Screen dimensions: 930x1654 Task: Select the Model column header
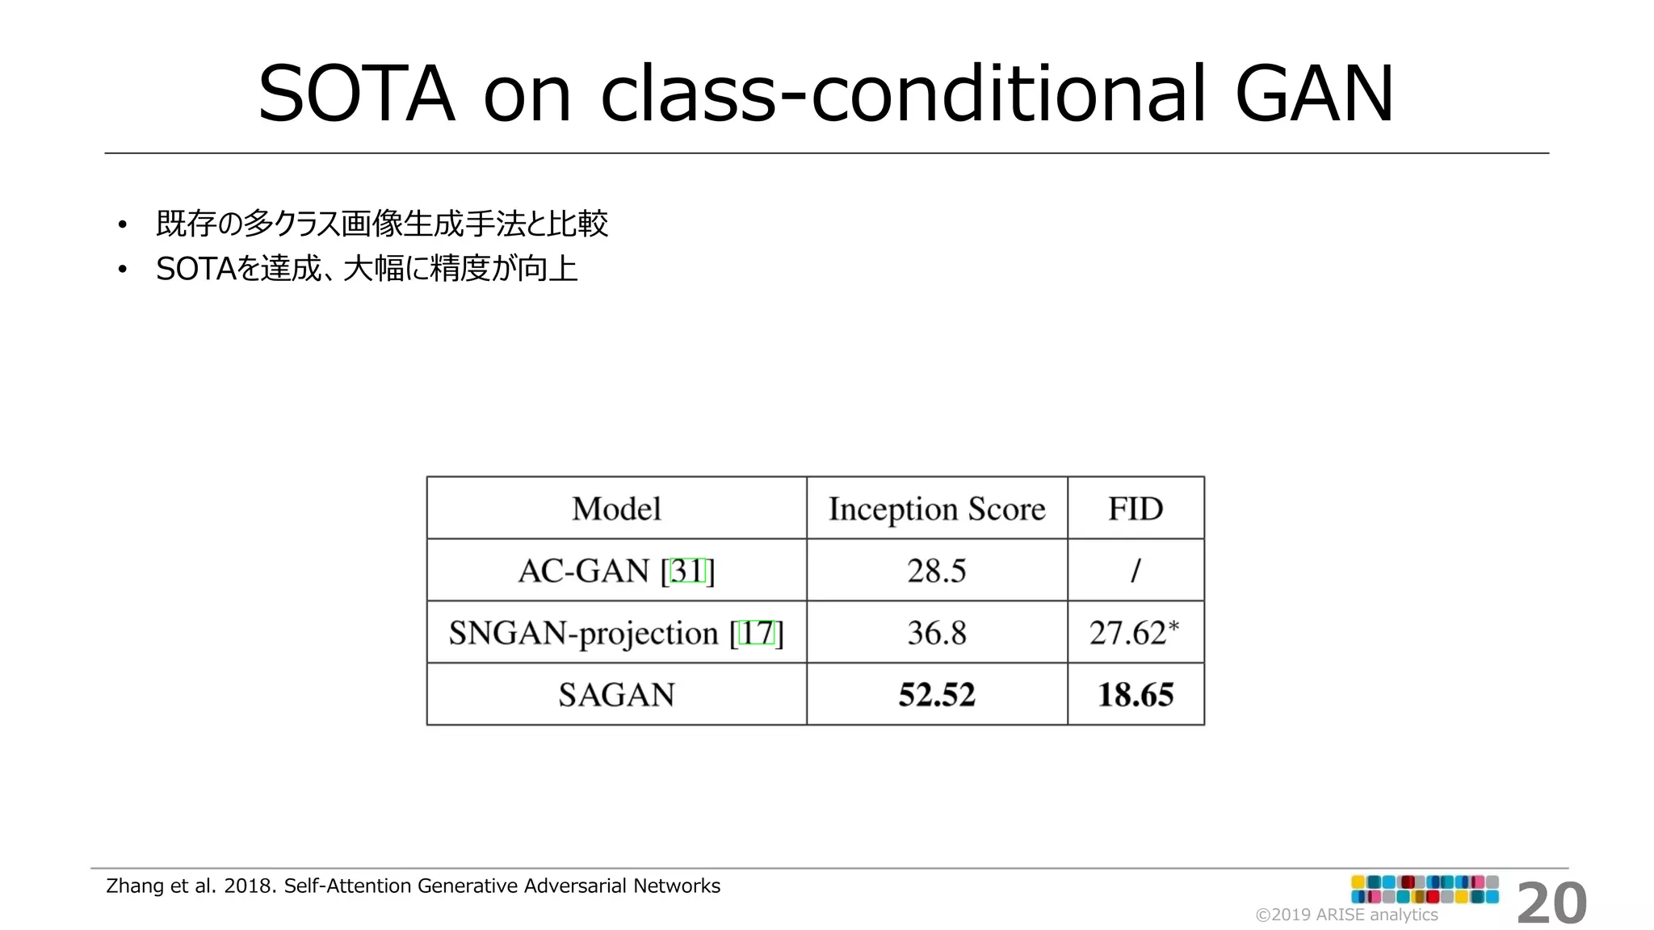click(616, 509)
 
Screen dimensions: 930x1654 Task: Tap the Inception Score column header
click(937, 509)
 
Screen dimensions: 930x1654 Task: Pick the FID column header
click(1136, 509)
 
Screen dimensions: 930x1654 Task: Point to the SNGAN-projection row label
click(583, 633)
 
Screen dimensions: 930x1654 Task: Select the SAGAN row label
click(616, 694)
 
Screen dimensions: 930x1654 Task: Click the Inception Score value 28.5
click(936, 571)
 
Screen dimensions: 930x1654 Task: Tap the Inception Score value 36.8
click(936, 633)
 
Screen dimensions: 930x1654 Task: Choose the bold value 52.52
click(937, 694)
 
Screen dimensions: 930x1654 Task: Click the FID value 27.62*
click(1134, 633)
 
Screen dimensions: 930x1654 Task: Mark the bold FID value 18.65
click(1136, 694)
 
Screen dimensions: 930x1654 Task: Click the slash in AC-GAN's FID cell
click(1136, 571)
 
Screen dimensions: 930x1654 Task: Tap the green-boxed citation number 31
click(688, 571)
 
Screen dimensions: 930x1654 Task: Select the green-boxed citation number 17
click(758, 633)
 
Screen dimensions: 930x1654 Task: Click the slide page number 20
click(1551, 904)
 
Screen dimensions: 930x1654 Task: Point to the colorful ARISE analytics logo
click(1425, 889)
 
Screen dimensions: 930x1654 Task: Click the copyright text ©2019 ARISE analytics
click(1346, 915)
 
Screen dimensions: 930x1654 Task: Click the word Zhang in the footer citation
click(135, 886)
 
